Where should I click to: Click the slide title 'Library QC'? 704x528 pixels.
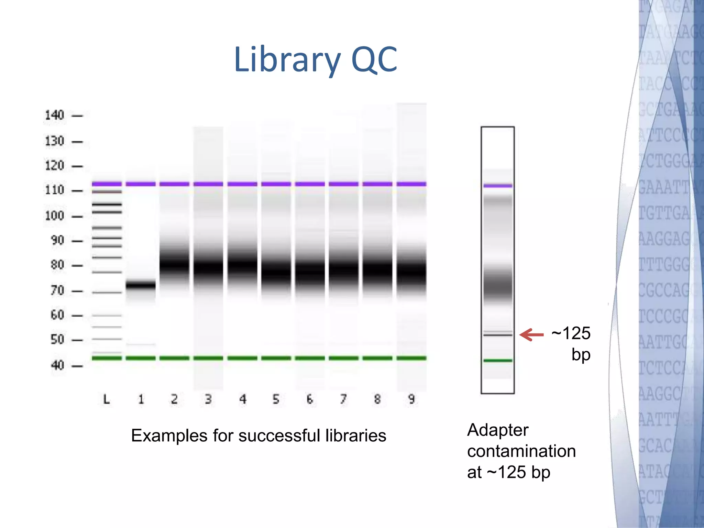(315, 60)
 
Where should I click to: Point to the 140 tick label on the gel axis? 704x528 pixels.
(54, 115)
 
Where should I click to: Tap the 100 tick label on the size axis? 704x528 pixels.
(54, 216)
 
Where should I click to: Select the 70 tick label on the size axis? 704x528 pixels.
(57, 290)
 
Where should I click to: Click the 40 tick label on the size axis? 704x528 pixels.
(57, 365)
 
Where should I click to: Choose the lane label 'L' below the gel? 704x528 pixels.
(107, 399)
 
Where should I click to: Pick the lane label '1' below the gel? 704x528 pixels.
(141, 399)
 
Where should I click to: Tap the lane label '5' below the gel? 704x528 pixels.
(276, 399)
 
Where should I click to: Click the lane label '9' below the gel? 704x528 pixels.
(411, 399)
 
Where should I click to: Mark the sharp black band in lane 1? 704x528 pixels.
(141, 285)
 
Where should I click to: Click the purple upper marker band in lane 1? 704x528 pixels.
(141, 184)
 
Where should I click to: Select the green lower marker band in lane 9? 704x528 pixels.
(411, 358)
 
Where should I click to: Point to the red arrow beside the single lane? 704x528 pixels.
(531, 334)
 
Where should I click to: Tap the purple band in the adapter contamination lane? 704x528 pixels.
(497, 186)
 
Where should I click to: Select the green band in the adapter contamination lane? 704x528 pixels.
(497, 360)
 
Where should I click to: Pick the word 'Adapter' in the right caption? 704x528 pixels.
(498, 430)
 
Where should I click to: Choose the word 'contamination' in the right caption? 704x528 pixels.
(521, 451)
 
